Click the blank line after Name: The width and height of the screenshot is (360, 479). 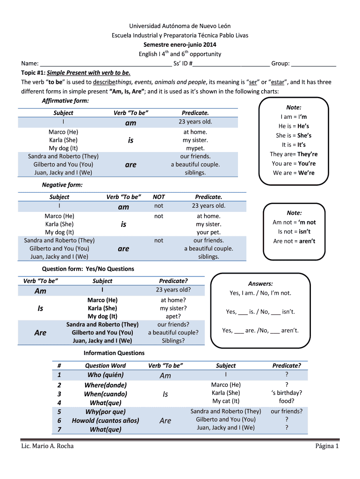(105, 64)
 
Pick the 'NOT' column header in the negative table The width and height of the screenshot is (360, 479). (159, 197)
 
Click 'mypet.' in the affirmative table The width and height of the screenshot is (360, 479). (195, 148)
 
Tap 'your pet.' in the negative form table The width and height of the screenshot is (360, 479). (209, 232)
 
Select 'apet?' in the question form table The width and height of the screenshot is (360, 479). (173, 316)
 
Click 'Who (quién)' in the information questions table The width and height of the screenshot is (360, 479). (105, 375)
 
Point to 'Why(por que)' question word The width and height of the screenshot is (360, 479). (105, 412)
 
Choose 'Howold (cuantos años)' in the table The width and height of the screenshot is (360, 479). (105, 421)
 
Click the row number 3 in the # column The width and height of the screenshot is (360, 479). (59, 394)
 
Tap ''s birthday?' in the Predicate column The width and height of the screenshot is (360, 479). (286, 393)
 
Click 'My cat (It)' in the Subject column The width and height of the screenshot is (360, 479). (226, 401)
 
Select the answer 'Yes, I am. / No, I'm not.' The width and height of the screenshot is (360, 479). (260, 293)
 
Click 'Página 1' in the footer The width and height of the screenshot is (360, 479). (327, 446)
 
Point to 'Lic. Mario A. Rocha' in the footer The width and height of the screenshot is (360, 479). (47, 446)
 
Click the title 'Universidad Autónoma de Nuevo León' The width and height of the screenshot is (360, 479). (180, 26)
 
